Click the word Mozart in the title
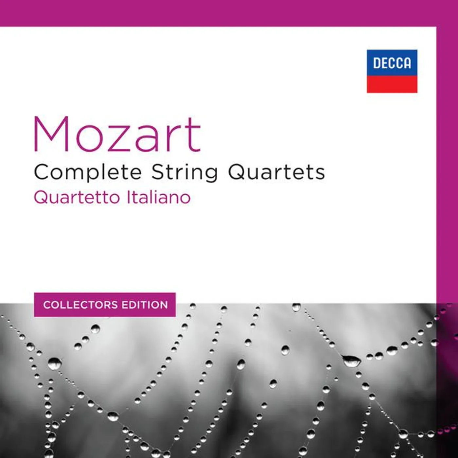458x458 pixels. [117, 135]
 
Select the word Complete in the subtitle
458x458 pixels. [88, 172]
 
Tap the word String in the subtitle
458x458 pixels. [185, 172]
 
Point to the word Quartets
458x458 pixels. [277, 172]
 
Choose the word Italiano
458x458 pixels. [158, 198]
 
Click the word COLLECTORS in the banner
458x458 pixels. [80, 305]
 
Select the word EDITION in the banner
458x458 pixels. [145, 305]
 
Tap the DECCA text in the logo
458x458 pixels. [392, 63]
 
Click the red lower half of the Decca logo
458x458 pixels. [392, 84]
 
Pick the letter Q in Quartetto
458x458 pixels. [40, 197]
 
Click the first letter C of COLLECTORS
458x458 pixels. [47, 305]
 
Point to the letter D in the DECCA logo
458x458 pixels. [377, 63]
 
